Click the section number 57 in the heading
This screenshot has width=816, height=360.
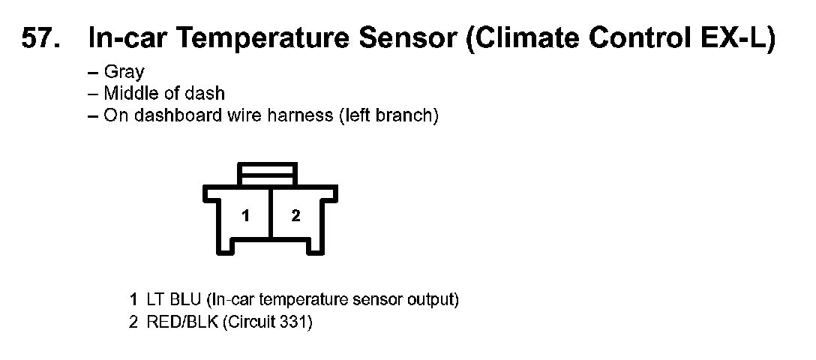point(40,38)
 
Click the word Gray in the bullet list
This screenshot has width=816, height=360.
point(124,73)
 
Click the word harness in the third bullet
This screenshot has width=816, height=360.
point(300,115)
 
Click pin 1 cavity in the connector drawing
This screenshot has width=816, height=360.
point(245,216)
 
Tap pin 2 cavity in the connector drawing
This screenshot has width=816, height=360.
point(295,216)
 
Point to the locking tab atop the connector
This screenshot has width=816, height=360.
point(268,173)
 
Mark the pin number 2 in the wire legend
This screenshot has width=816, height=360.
point(133,323)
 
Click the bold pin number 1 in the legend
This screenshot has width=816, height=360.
point(133,300)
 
